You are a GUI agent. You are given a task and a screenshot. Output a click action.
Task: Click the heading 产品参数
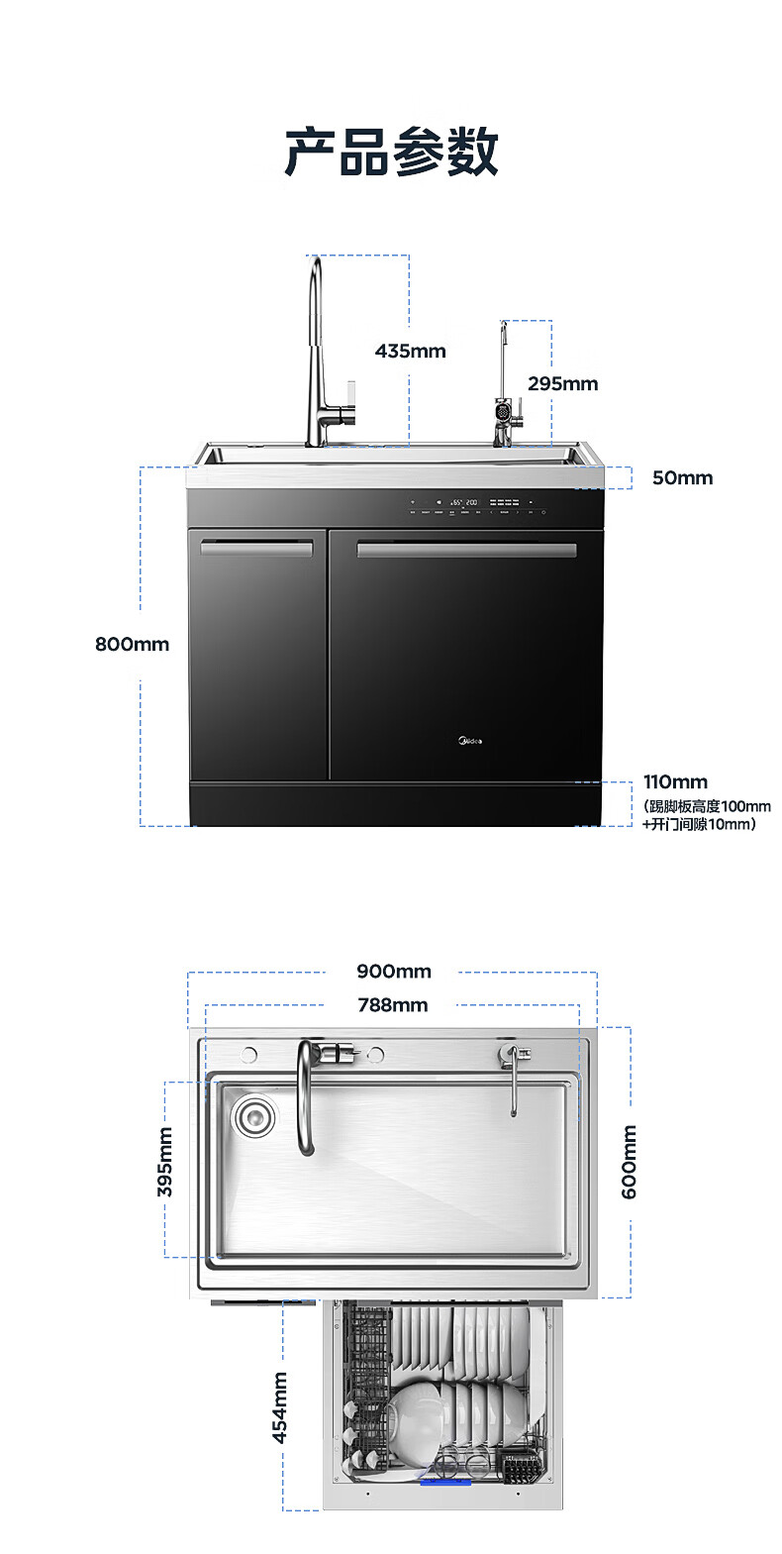[x=391, y=153]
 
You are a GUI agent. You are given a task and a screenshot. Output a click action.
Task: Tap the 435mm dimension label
[x=410, y=351]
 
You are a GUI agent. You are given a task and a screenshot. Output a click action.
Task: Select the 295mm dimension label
[x=562, y=383]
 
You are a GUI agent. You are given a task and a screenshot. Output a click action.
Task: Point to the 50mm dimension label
[x=682, y=477]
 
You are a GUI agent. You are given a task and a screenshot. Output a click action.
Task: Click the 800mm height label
[x=132, y=644]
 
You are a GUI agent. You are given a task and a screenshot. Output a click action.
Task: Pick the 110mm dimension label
[x=675, y=782]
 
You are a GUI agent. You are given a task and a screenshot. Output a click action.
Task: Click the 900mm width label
[x=394, y=971]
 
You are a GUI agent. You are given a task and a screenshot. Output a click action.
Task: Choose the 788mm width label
[x=393, y=1005]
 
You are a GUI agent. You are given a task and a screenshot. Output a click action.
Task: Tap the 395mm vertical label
[x=165, y=1162]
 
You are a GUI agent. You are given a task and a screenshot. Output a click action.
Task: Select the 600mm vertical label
[x=630, y=1162]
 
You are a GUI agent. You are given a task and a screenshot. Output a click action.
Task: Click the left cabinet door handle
[x=256, y=548]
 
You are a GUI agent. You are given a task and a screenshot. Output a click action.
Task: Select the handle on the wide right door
[x=466, y=550]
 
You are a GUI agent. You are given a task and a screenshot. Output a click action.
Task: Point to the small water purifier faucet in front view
[x=506, y=406]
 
